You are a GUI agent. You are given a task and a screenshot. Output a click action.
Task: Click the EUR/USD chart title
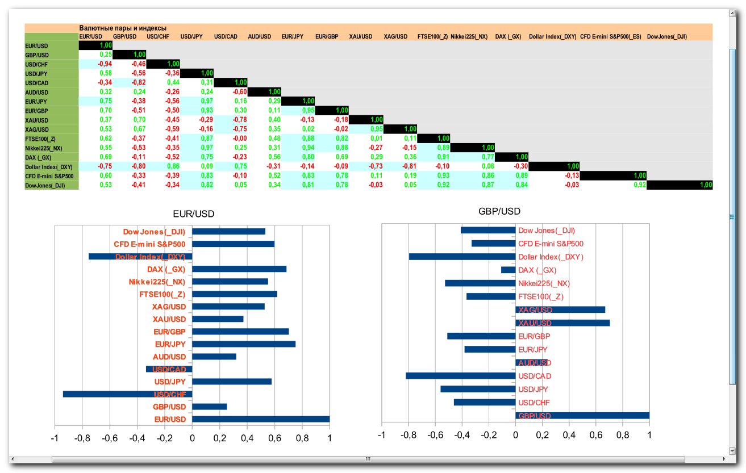coord(194,214)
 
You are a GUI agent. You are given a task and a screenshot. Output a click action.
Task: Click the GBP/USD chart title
coord(499,212)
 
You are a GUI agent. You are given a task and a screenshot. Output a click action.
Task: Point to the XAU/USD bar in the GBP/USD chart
coord(562,323)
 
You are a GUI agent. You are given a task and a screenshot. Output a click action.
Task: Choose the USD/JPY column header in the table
coord(191,36)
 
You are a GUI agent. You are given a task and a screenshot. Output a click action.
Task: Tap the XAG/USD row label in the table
coord(37,129)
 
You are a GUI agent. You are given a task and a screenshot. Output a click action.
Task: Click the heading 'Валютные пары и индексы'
coord(123,28)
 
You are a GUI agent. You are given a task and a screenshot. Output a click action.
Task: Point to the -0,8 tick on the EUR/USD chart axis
coord(82,439)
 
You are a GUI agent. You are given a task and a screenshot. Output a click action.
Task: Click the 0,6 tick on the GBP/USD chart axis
coord(596,435)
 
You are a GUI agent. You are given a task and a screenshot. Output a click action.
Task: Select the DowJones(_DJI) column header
coord(667,36)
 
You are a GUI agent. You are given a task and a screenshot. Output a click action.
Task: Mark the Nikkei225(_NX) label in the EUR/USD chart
coord(157,282)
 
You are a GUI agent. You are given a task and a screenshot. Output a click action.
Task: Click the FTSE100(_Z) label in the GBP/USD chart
coord(541,296)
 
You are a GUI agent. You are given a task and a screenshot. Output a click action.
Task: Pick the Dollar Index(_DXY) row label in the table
coord(49,167)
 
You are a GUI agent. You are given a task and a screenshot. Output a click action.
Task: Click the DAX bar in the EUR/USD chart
coord(239,269)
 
